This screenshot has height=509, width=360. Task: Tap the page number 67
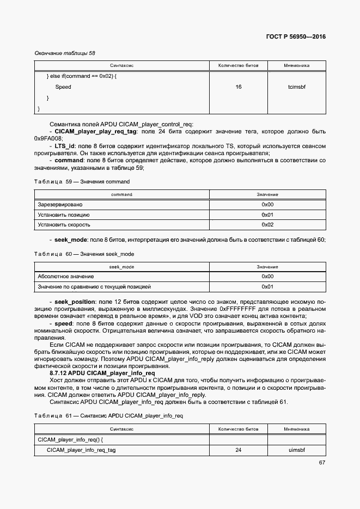322,463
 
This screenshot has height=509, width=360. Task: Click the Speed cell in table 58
63,87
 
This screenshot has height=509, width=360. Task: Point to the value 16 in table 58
239,87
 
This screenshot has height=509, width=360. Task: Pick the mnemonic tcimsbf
297,87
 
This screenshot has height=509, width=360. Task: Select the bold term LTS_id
65,146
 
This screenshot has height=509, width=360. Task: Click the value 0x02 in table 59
267,224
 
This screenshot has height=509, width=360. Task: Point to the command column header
121,194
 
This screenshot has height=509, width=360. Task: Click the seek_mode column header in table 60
121,267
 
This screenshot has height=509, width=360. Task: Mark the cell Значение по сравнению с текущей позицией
94,286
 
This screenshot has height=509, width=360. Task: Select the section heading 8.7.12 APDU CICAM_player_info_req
102,373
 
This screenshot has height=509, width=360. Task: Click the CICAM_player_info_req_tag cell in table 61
81,450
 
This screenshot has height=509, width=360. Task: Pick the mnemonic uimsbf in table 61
297,450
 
